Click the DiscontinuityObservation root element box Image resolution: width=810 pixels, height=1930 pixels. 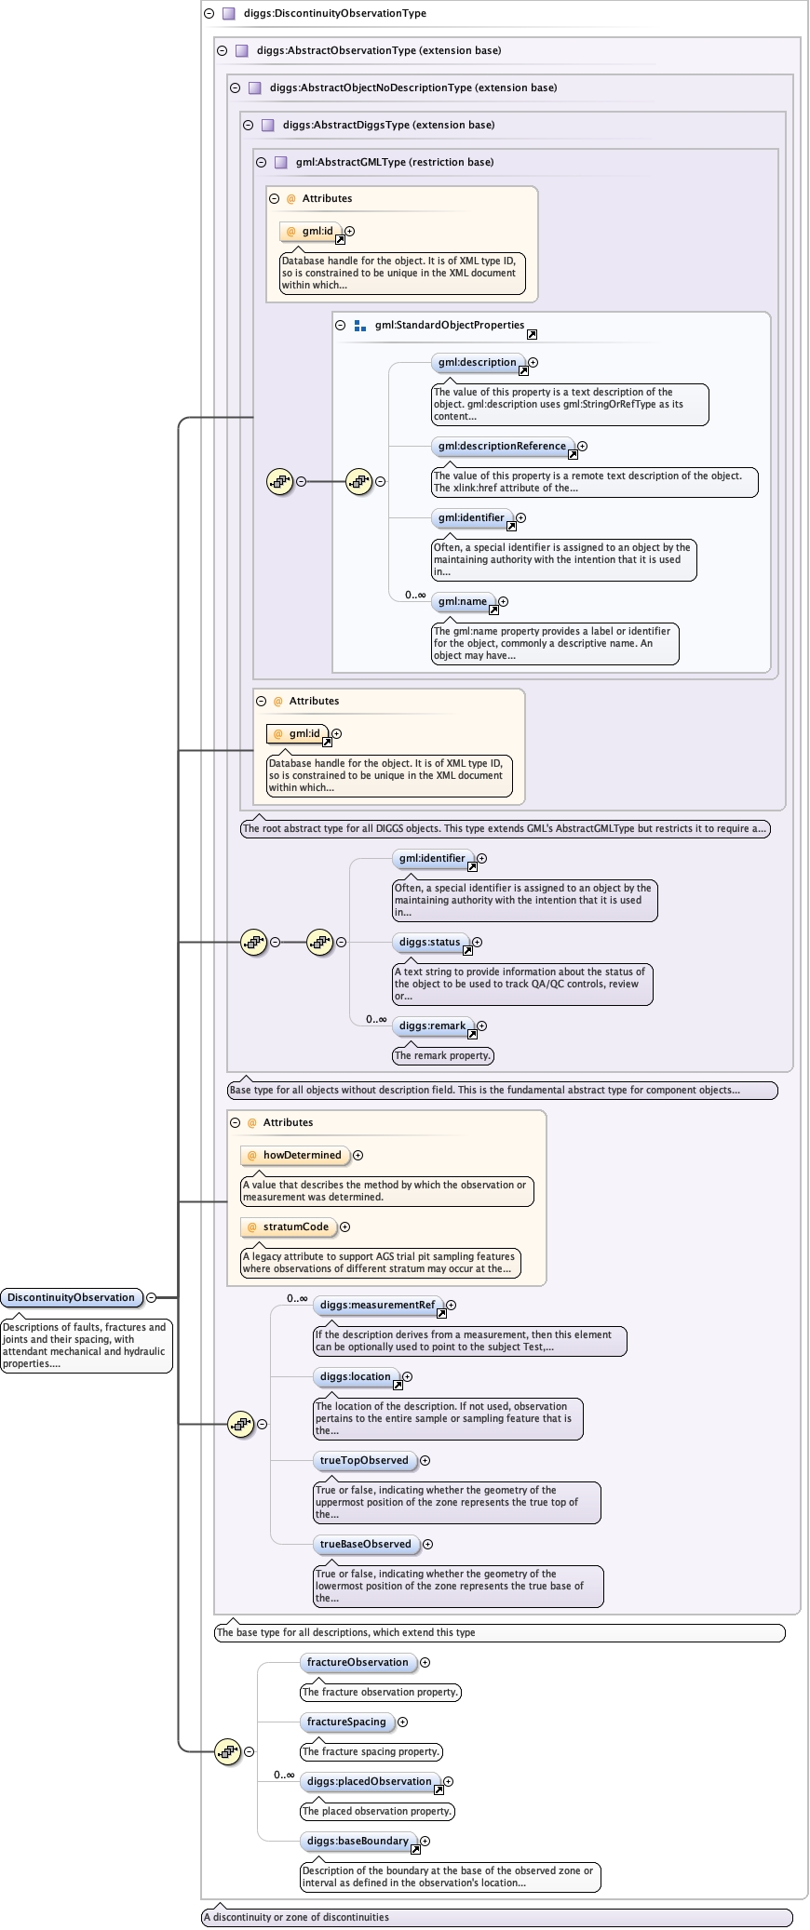(72, 1297)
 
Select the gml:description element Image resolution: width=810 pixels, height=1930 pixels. (477, 362)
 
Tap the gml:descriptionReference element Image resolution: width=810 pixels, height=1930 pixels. (502, 446)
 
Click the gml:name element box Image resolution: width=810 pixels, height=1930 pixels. (463, 601)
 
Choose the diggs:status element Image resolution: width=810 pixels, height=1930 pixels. (429, 942)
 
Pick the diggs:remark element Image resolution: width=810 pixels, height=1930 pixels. (432, 1025)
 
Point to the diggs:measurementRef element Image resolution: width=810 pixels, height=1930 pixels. (377, 1305)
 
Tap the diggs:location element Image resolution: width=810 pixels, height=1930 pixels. (356, 1376)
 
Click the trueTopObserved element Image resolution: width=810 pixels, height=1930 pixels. (364, 1460)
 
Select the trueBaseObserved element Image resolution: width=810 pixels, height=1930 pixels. (365, 1544)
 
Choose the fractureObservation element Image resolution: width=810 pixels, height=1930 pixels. (358, 1662)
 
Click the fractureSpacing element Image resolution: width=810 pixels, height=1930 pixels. (346, 1722)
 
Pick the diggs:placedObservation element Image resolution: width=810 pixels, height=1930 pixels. (370, 1781)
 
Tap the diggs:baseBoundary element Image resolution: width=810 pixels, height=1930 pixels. (358, 1841)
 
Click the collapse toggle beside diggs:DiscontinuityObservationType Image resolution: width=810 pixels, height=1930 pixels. (209, 13)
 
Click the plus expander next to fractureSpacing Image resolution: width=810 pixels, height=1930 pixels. (403, 1722)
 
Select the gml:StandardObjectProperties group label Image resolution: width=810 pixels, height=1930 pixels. (450, 325)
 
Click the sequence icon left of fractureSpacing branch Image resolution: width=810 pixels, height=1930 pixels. (228, 1751)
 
